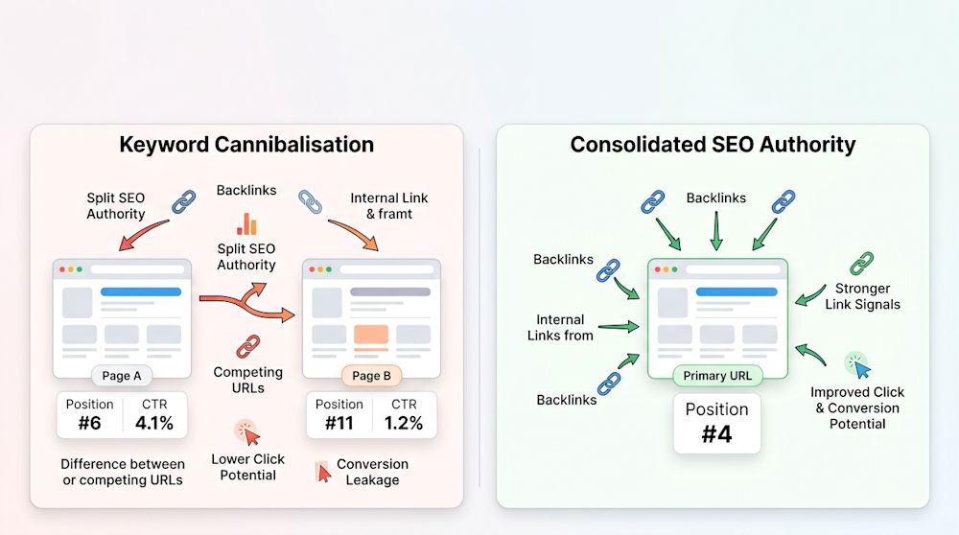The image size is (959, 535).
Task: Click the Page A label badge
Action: [x=121, y=376]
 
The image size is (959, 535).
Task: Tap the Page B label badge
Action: [x=370, y=376]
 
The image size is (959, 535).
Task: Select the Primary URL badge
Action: [x=717, y=376]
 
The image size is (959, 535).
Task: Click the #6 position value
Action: [x=89, y=423]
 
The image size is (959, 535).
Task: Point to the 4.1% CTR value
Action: [x=154, y=423]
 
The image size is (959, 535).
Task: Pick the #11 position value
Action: [x=339, y=423]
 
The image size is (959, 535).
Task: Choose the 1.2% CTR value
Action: [x=404, y=423]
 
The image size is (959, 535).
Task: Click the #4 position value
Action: [x=716, y=434]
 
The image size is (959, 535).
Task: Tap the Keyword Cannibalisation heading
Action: [x=246, y=145]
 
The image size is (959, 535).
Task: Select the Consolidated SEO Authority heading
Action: [x=713, y=145]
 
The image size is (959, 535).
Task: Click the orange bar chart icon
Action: [x=246, y=224]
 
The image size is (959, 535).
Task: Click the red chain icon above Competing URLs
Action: [x=248, y=347]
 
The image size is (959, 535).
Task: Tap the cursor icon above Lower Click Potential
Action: [x=247, y=432]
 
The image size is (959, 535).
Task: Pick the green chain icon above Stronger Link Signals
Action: [x=862, y=264]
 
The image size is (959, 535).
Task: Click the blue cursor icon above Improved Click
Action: [x=858, y=365]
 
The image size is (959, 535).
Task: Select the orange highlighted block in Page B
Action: [x=370, y=335]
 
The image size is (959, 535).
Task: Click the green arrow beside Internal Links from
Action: [x=619, y=327]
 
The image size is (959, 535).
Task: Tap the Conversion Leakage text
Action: [x=372, y=472]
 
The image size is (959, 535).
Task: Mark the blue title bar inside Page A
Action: [x=141, y=291]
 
